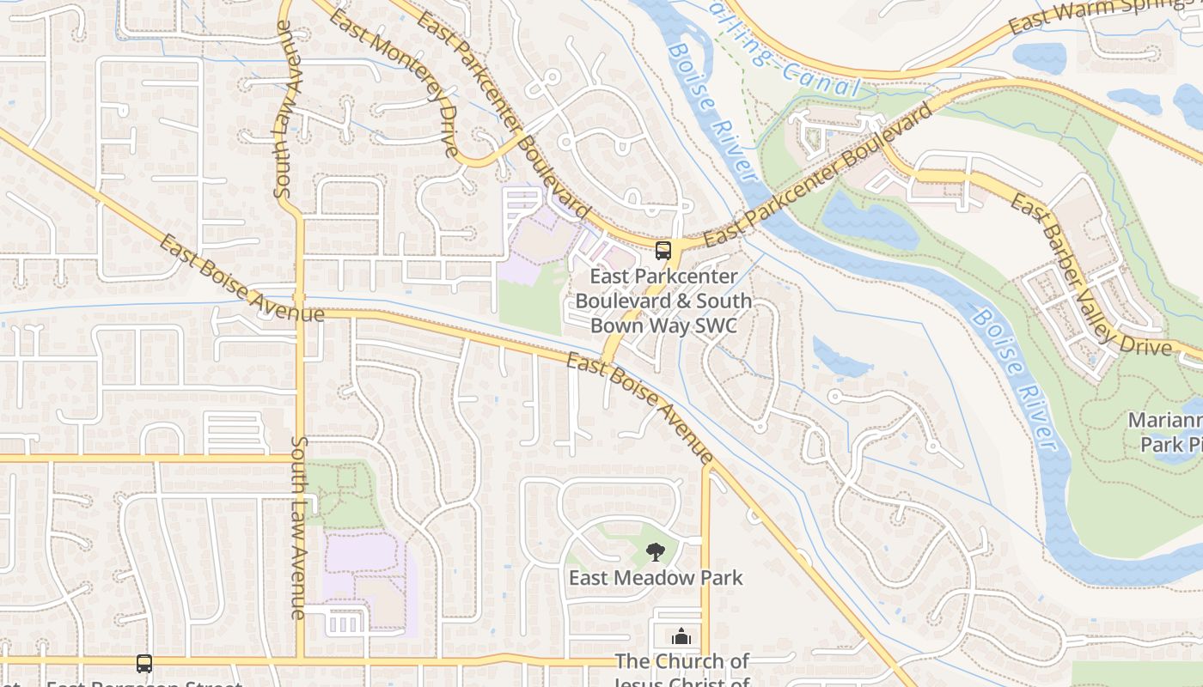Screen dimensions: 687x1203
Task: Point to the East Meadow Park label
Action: (656, 578)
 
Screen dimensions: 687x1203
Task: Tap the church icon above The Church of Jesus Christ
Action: (681, 637)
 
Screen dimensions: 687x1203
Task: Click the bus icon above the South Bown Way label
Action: (663, 251)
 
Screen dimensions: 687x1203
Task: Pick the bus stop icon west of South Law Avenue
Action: (144, 664)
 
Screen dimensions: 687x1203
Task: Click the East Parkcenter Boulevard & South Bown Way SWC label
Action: (663, 301)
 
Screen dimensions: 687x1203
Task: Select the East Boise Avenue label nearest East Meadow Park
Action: (639, 409)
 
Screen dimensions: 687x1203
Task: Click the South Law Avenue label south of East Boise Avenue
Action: (299, 527)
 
